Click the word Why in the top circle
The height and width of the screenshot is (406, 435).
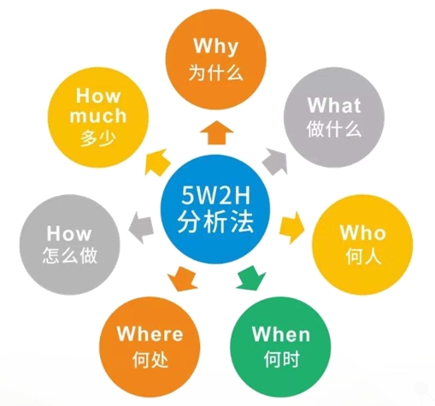[x=215, y=47]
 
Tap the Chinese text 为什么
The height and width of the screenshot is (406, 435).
[x=216, y=73]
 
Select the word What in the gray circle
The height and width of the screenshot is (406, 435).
[x=334, y=105]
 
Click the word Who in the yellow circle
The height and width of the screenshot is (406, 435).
[x=362, y=232]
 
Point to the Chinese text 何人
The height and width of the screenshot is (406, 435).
[x=363, y=256]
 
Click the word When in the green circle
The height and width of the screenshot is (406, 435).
[x=281, y=333]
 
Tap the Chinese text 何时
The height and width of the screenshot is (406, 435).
[x=281, y=359]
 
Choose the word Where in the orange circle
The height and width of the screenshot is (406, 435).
[x=150, y=333]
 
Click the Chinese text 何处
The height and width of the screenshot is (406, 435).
[x=150, y=359]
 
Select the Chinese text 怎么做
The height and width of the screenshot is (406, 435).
[x=70, y=256]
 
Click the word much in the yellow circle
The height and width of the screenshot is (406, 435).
[x=98, y=115]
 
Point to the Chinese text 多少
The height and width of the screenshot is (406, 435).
[x=98, y=138]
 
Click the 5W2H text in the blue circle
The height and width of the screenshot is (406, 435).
[x=215, y=196]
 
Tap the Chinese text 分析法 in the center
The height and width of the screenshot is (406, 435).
[x=215, y=221]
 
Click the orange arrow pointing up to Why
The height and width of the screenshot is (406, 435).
[x=216, y=132]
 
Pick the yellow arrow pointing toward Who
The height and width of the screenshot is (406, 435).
[x=291, y=227]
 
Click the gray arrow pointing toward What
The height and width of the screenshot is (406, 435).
[x=275, y=161]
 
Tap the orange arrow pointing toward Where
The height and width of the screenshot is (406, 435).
[x=182, y=279]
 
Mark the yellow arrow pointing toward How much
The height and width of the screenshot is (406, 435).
[x=157, y=162]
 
